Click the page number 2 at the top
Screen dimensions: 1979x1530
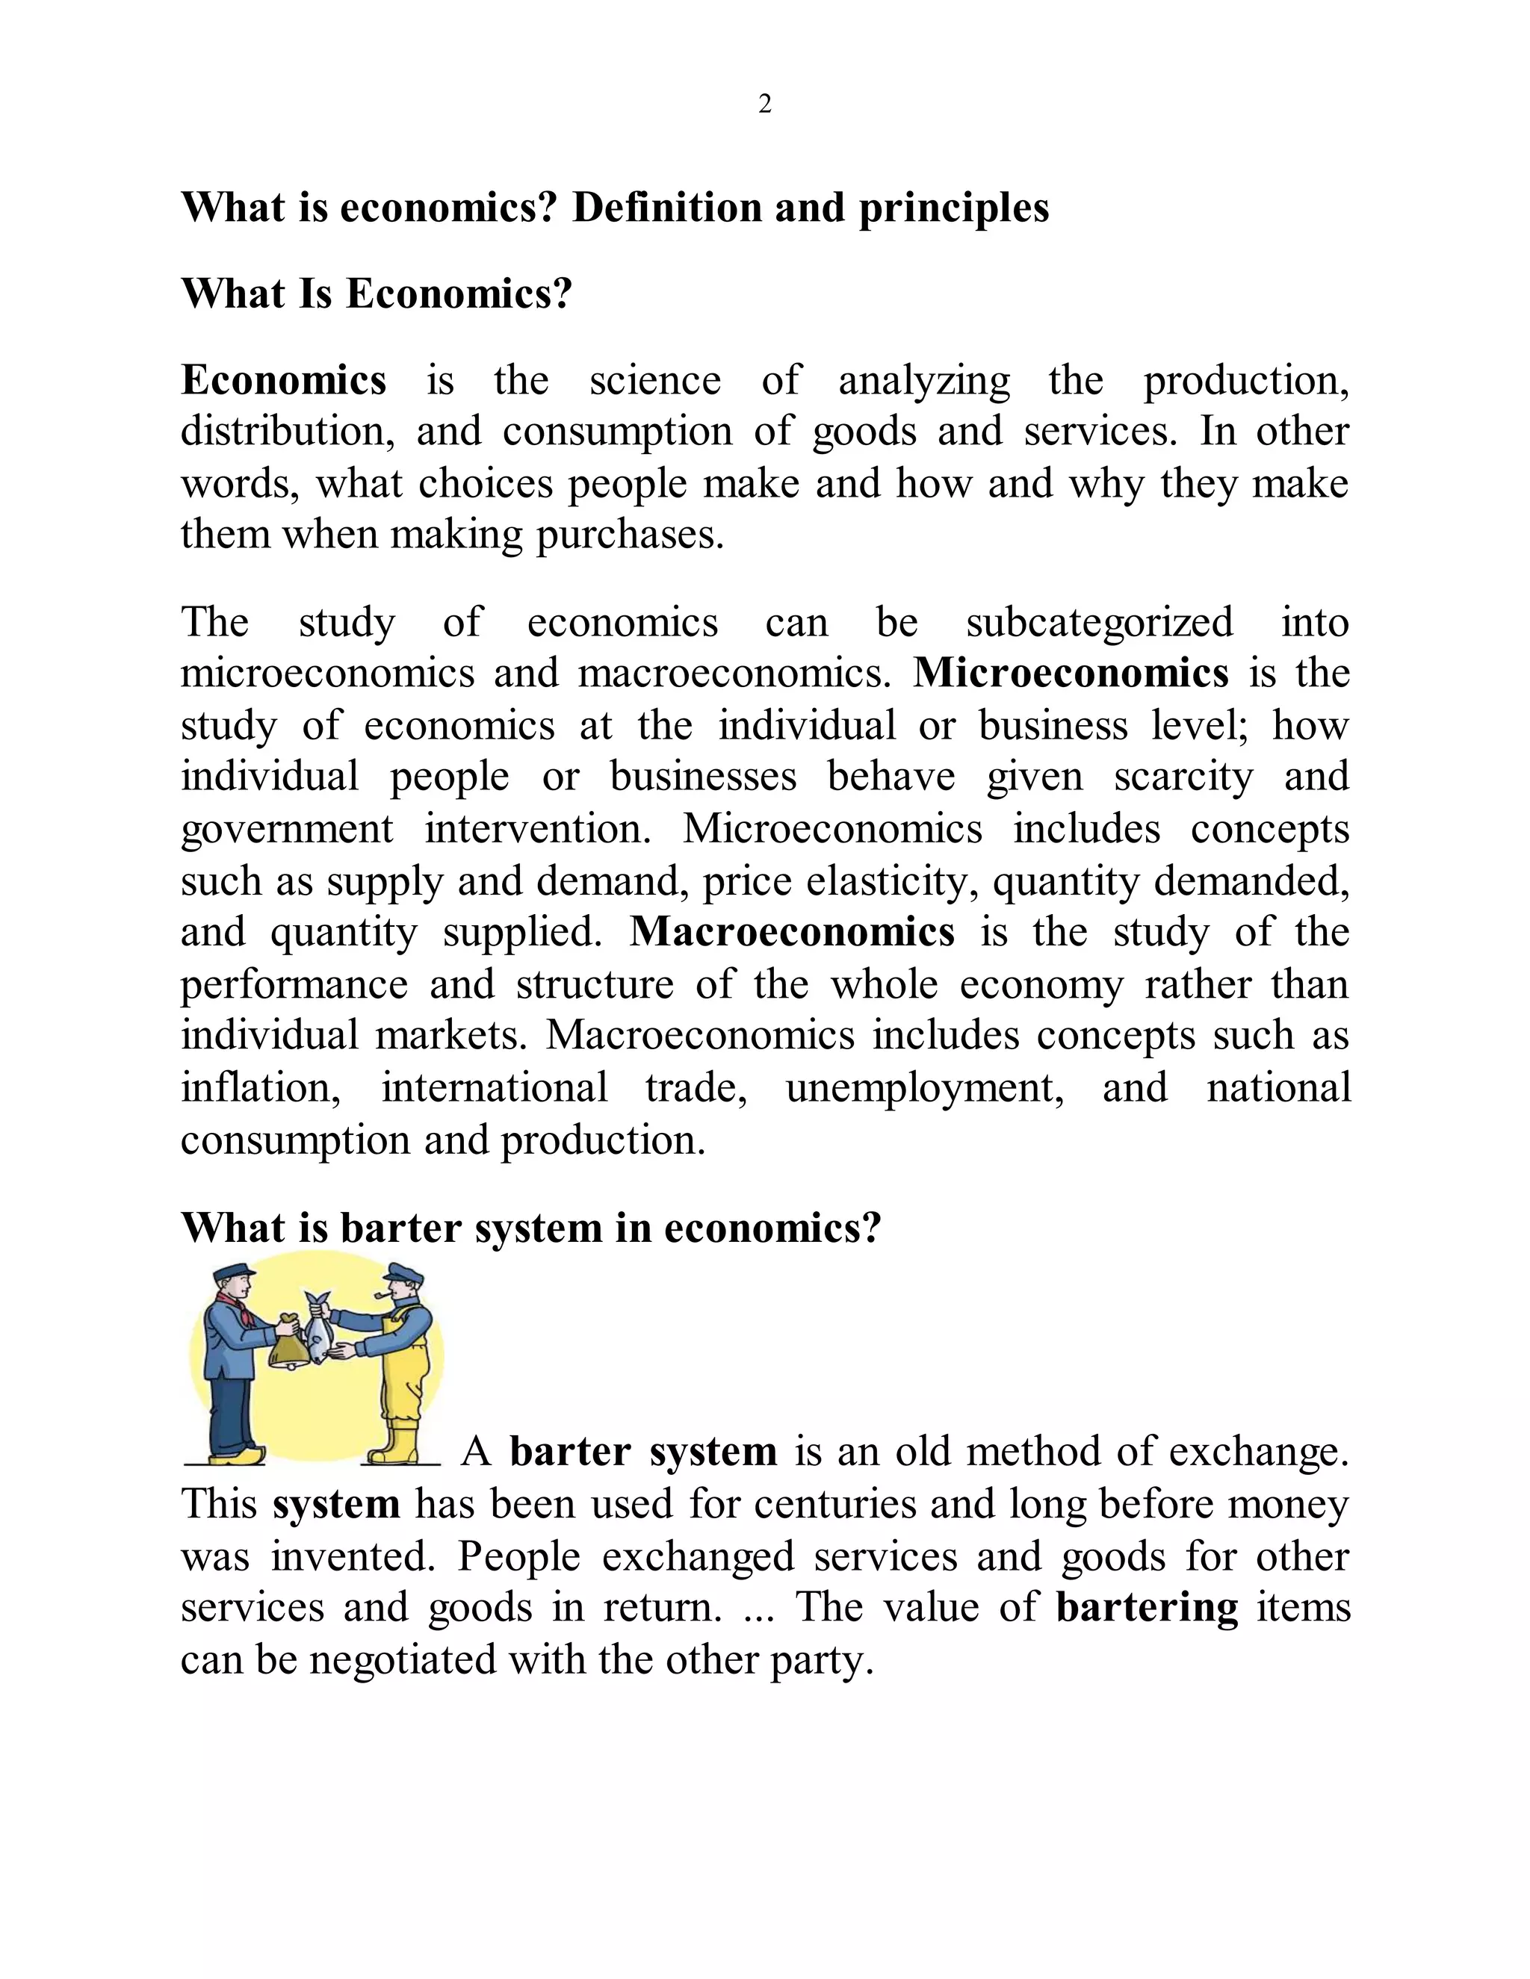(764, 105)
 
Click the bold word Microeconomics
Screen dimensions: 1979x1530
(1071, 674)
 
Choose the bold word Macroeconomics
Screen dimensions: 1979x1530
(792, 933)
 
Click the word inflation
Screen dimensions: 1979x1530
(260, 1087)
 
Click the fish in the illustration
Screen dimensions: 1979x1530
(318, 1334)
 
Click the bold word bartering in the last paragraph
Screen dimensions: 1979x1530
(1147, 1608)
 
